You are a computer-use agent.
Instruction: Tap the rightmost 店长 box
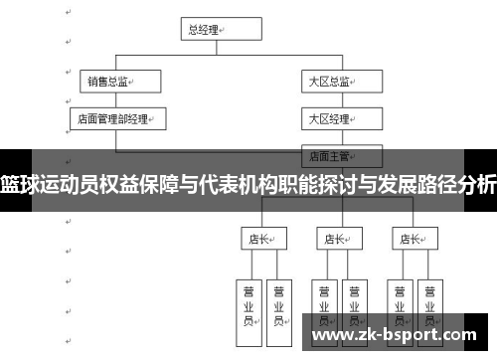(412, 239)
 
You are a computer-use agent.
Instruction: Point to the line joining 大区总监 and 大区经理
(330, 100)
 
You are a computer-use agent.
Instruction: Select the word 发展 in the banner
(390, 183)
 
